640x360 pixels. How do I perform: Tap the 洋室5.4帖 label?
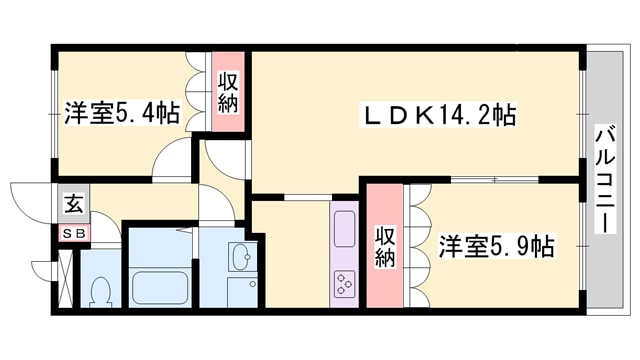(x=123, y=112)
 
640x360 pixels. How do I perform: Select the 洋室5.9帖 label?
(x=497, y=245)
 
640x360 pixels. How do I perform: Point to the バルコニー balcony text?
(x=604, y=180)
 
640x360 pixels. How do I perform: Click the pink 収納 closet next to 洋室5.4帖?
(x=228, y=93)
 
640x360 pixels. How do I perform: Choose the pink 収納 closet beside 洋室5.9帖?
(x=385, y=246)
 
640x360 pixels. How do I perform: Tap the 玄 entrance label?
(x=74, y=206)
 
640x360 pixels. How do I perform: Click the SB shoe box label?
(x=74, y=234)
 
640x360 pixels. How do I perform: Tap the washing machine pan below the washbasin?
(x=243, y=293)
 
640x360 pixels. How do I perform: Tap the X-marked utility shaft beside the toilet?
(x=66, y=279)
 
